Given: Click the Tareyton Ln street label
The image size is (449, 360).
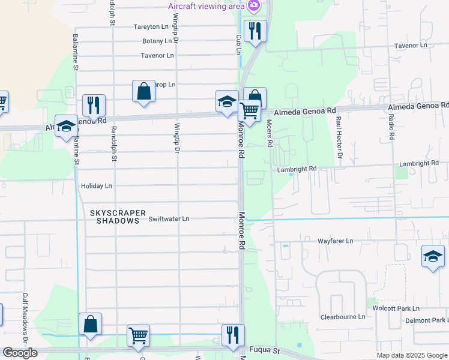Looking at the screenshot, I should tap(151, 27).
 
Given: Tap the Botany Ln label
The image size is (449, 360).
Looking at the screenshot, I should tap(157, 41).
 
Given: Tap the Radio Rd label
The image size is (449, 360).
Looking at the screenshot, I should tap(391, 128).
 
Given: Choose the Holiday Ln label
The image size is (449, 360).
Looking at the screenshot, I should tap(96, 186).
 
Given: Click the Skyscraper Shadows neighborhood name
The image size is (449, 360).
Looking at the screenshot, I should tap(115, 217).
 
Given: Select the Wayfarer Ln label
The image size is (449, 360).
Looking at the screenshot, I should tap(335, 241).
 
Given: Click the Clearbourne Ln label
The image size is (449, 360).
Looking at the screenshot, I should tap(343, 316).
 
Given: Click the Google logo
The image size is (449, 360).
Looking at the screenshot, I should tap(20, 353).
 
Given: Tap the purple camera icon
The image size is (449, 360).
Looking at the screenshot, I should tap(253, 6).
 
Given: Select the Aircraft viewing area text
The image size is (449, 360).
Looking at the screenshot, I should tap(206, 6).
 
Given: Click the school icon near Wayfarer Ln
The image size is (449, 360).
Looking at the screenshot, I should tap(433, 257).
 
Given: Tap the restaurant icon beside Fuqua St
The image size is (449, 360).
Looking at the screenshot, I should tap(233, 335).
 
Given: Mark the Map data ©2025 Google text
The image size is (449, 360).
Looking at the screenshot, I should tap(412, 355).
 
